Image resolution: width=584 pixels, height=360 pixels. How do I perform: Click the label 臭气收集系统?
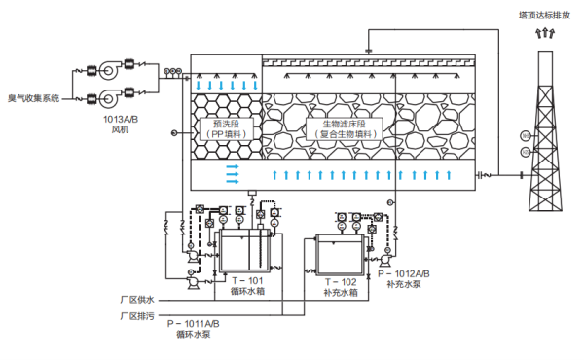pyautogui.click(x=34, y=98)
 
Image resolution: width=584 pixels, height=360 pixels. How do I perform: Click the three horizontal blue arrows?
pyautogui.click(x=233, y=173)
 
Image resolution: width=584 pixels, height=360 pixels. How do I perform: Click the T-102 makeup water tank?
pyautogui.click(x=336, y=254)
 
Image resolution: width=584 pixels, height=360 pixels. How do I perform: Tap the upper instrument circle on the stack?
pyautogui.click(x=524, y=135)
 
